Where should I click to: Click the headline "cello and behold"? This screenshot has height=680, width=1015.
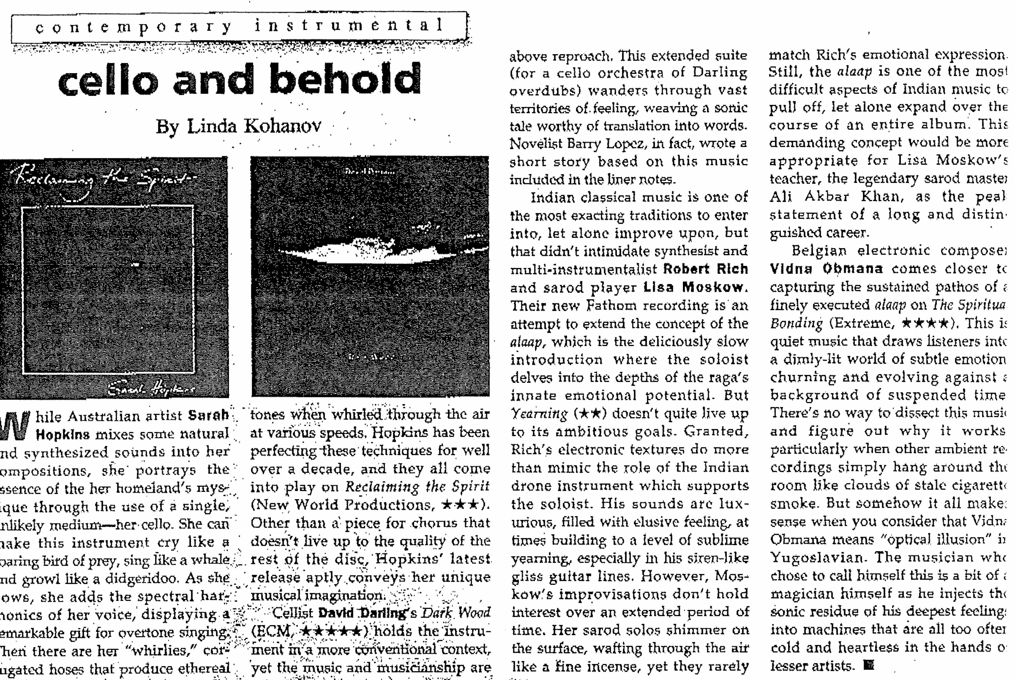pyautogui.click(x=239, y=80)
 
